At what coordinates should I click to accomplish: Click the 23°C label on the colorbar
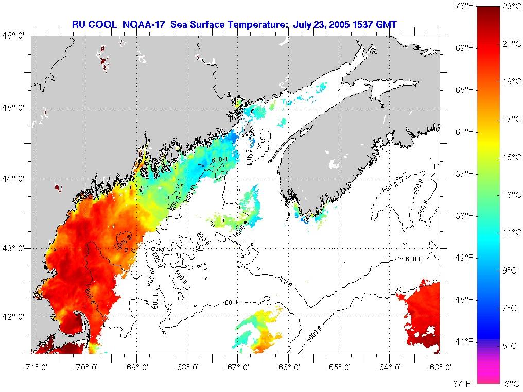511,7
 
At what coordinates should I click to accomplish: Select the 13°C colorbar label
511,195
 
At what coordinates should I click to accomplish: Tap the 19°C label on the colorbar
511,81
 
